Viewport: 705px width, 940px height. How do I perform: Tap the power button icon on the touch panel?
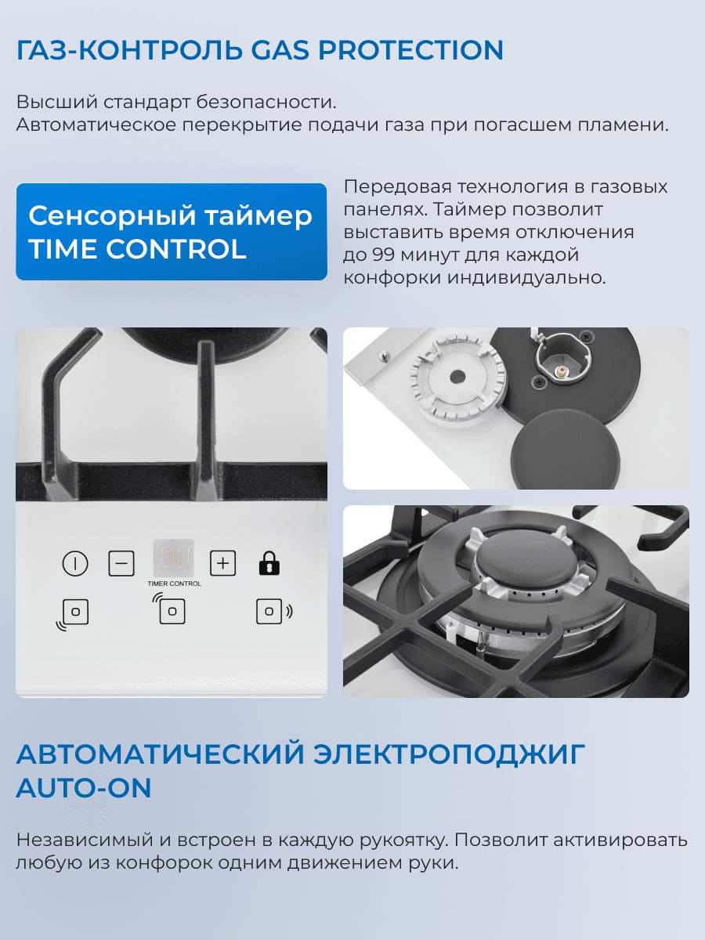click(75, 563)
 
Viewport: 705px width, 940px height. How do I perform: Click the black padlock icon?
click(269, 563)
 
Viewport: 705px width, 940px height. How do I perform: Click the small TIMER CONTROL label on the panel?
click(174, 584)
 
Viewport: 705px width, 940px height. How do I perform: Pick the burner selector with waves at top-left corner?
click(172, 611)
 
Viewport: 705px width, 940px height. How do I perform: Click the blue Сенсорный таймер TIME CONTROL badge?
click(172, 232)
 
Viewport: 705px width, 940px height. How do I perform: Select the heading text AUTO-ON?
click(84, 788)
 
